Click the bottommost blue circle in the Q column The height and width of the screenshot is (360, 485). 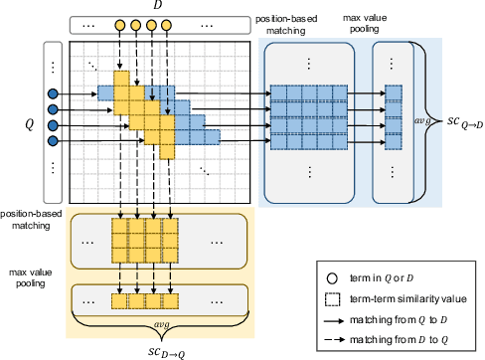coord(53,140)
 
